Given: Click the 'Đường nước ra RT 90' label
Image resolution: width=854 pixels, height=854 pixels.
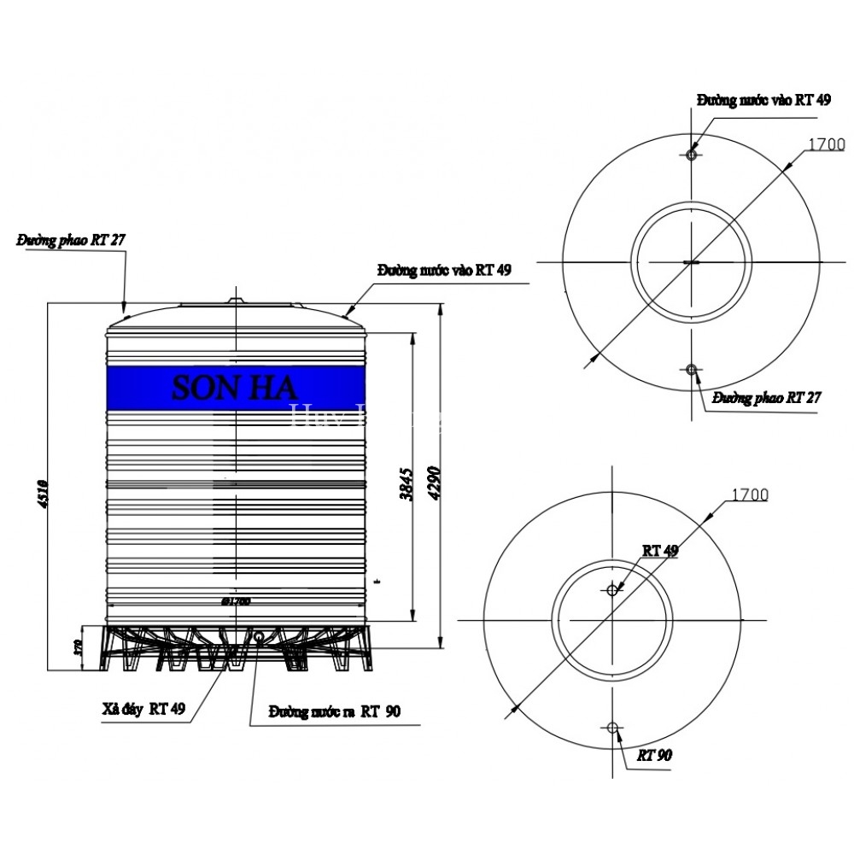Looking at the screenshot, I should (x=333, y=711).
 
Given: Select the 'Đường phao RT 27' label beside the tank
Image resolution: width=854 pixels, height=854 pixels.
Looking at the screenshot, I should (x=71, y=241).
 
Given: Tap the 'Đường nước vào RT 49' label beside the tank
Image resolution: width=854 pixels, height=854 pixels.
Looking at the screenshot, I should (x=444, y=270).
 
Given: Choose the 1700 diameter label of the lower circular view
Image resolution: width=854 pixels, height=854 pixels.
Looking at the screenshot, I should (x=749, y=494).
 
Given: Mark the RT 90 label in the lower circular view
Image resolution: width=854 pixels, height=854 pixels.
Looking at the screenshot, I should (x=656, y=757).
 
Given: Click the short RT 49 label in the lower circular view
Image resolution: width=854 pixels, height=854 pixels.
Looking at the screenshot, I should (x=660, y=552).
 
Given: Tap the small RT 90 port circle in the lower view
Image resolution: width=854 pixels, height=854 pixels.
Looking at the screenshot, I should (x=611, y=727).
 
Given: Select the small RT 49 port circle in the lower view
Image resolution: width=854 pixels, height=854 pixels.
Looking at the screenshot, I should (x=611, y=589).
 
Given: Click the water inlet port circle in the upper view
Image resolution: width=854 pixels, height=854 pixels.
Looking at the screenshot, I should (x=692, y=154).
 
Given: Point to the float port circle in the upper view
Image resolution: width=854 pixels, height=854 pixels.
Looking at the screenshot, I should (x=692, y=369).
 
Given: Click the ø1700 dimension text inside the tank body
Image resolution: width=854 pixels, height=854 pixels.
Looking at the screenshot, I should (x=235, y=601).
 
